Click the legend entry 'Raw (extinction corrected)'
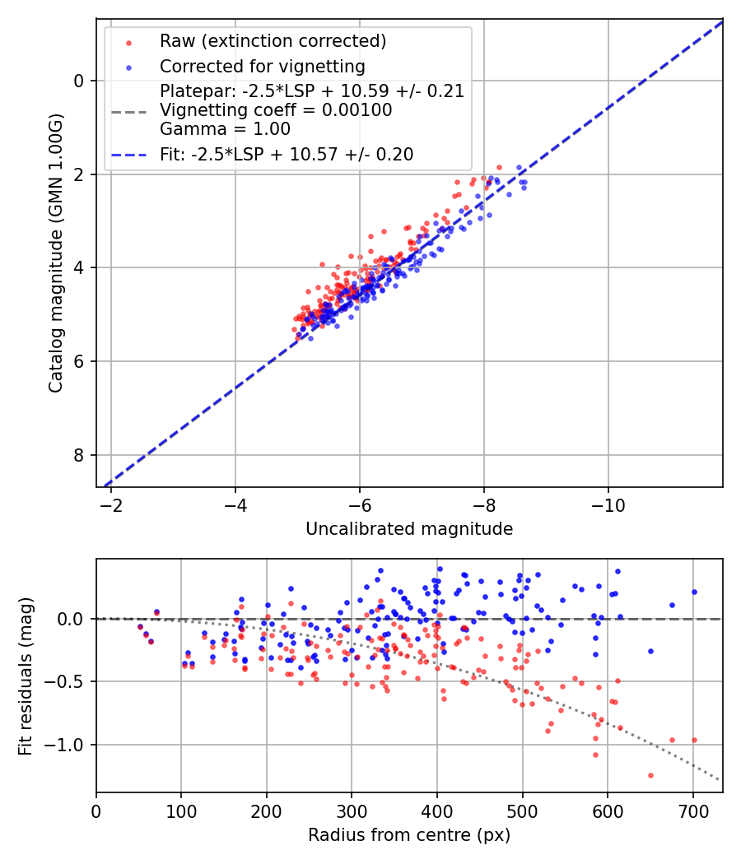coord(273,41)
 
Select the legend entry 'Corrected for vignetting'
coord(262,66)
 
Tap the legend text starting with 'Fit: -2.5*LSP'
coord(286,154)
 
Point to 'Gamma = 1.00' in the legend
coord(225,129)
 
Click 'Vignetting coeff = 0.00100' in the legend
coord(276,110)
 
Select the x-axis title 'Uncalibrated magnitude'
coord(409,529)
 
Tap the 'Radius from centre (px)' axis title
coord(409,835)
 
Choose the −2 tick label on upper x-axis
coord(111,504)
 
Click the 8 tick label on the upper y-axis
coord(79,455)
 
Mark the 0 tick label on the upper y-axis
coord(79,81)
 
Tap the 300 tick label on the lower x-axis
coord(352,810)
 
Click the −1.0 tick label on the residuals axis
coord(68,745)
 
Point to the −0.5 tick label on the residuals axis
coord(68,681)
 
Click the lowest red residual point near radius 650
coord(650,775)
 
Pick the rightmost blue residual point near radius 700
coord(694,592)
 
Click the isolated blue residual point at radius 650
coord(650,651)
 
